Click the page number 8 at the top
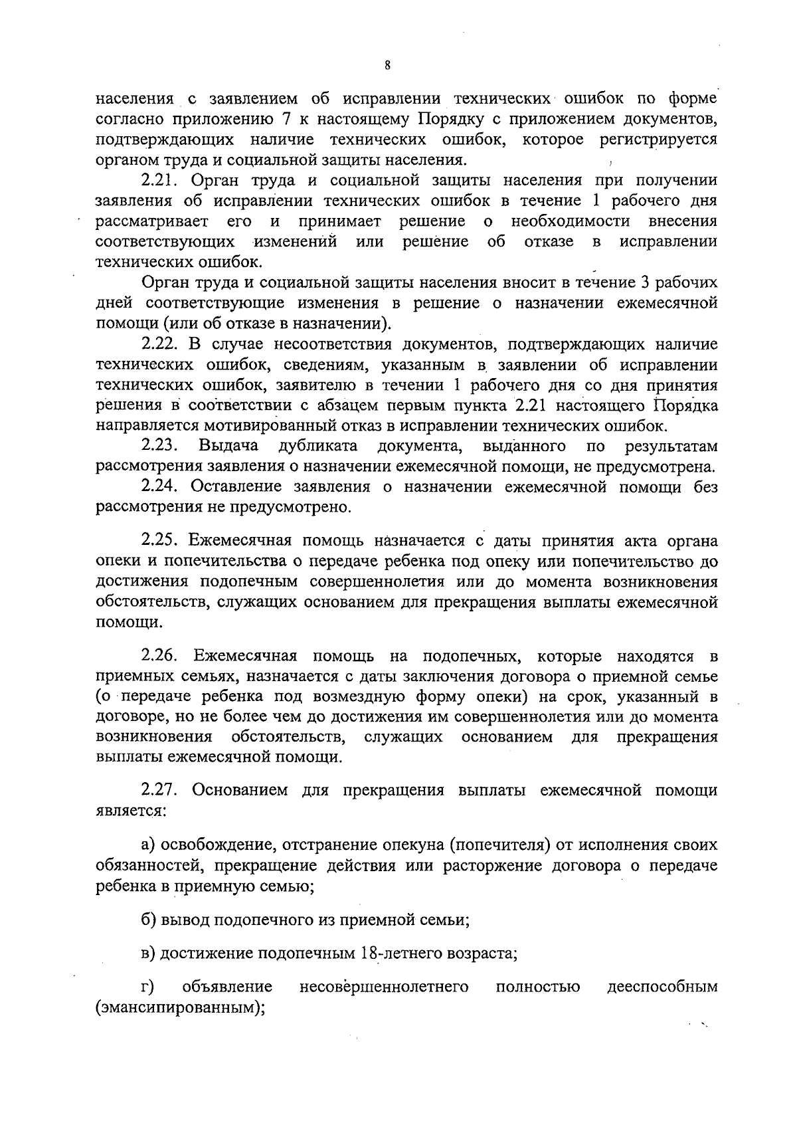click(x=388, y=65)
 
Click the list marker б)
click(x=148, y=920)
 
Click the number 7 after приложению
click(x=297, y=120)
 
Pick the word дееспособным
click(x=662, y=987)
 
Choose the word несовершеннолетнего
click(x=384, y=987)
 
